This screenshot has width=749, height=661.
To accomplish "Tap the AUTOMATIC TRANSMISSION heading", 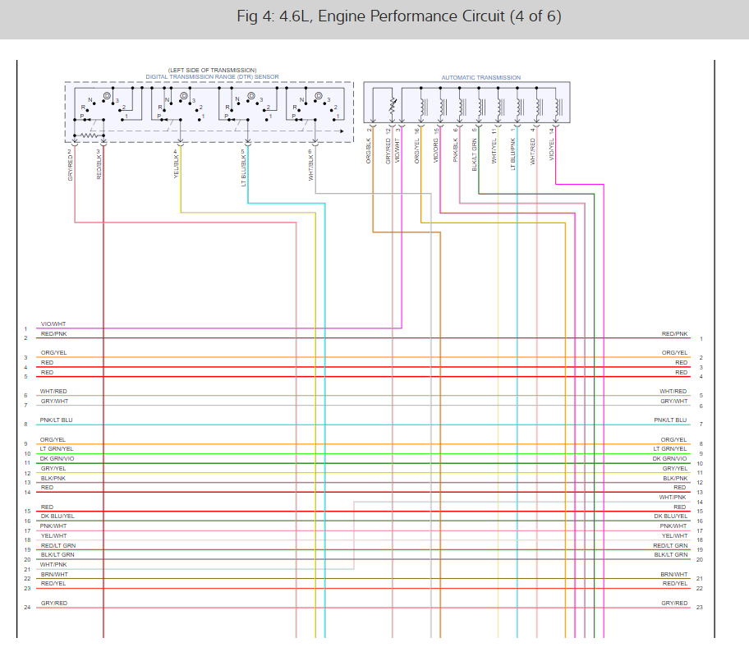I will (x=480, y=78).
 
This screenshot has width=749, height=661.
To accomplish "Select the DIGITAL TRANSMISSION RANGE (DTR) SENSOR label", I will (x=212, y=77).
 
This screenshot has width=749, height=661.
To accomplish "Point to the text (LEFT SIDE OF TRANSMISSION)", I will (x=212, y=71).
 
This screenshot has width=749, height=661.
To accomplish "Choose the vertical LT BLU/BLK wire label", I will (x=244, y=168).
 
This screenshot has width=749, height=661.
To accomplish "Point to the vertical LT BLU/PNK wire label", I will (x=513, y=153).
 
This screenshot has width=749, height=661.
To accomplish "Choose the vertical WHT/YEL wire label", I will (x=494, y=151).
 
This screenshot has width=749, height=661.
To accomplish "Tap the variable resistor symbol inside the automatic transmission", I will (x=393, y=107).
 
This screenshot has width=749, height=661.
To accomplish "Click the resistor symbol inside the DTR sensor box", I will (x=88, y=135).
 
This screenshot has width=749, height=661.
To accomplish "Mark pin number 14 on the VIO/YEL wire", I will (x=552, y=130).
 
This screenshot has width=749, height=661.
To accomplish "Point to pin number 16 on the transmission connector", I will (x=417, y=131).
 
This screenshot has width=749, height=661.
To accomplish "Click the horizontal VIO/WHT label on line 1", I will (x=53, y=324).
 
